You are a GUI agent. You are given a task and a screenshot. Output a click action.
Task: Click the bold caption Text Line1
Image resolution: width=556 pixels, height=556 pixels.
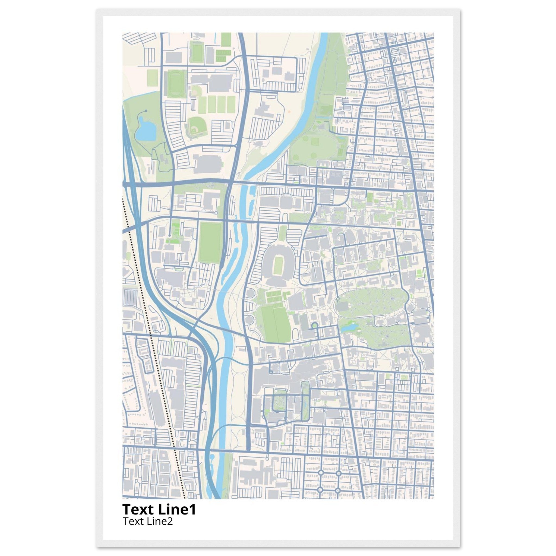[159, 510]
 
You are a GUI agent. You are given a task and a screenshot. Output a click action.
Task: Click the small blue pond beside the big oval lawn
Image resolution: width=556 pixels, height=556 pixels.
[349, 327]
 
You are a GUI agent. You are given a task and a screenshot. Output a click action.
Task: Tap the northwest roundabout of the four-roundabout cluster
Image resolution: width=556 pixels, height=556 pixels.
[320, 473]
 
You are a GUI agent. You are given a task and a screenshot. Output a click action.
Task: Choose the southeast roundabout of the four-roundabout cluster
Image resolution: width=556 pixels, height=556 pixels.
[338, 490]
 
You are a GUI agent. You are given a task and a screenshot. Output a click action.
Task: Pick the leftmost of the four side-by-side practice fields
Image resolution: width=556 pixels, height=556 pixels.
[203, 105]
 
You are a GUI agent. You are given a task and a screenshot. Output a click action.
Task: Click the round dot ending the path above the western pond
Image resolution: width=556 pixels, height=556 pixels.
[146, 110]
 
